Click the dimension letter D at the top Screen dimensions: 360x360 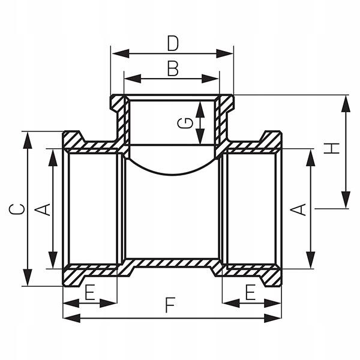click(173, 43)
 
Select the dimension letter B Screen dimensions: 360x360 click(173, 68)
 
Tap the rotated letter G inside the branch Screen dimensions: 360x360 click(187, 122)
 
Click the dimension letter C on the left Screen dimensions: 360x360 click(17, 209)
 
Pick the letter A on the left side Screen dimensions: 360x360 click(43, 209)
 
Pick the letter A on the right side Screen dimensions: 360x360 click(298, 209)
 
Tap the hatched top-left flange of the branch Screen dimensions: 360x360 click(118, 103)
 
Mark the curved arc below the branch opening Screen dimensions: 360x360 click(173, 173)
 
